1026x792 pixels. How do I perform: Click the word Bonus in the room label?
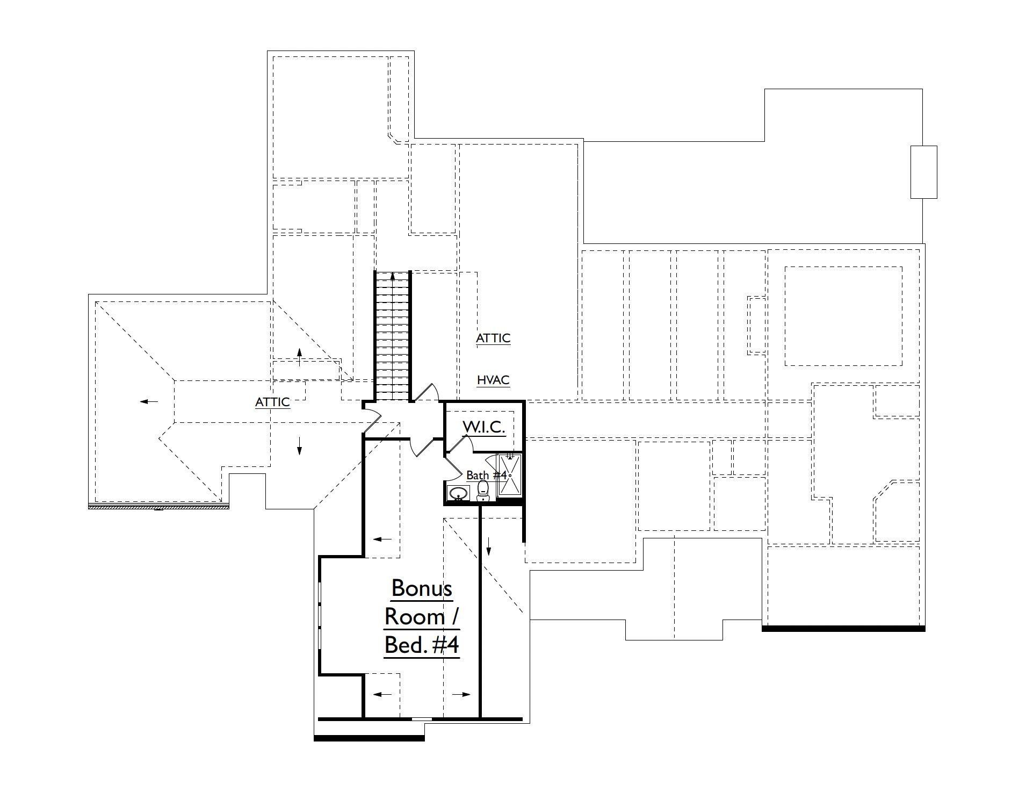pos(422,588)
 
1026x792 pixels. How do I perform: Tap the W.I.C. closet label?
pos(483,427)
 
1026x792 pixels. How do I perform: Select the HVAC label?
pos(493,380)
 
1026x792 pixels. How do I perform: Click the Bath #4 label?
pos(486,476)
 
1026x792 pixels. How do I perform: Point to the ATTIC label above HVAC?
pos(493,339)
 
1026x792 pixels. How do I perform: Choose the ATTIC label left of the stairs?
pos(272,402)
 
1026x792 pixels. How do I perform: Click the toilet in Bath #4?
pos(482,491)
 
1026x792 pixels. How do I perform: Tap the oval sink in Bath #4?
pos(458,493)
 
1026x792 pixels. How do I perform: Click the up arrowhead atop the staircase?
pos(393,276)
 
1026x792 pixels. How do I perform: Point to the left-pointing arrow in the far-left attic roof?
pos(149,401)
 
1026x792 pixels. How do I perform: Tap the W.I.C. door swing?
pos(460,443)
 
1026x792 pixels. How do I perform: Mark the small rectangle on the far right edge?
pos(923,172)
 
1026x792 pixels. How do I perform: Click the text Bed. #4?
pos(422,645)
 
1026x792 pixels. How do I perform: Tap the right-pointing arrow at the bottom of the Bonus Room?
pos(461,694)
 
